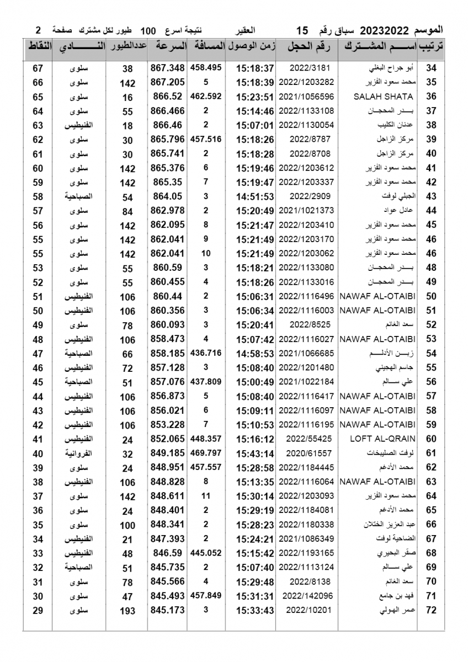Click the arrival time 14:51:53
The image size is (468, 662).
tap(255, 196)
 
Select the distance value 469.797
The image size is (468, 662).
tap(206, 453)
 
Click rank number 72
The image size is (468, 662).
tap(432, 610)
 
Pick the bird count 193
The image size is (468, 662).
tap(127, 611)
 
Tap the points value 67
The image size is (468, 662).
tap(38, 68)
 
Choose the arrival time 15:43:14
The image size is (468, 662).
tap(255, 453)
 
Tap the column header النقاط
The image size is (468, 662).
tap(38, 47)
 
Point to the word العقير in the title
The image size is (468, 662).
tap(247, 30)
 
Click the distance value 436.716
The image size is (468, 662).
tap(206, 354)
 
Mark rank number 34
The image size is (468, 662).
tap(432, 68)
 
